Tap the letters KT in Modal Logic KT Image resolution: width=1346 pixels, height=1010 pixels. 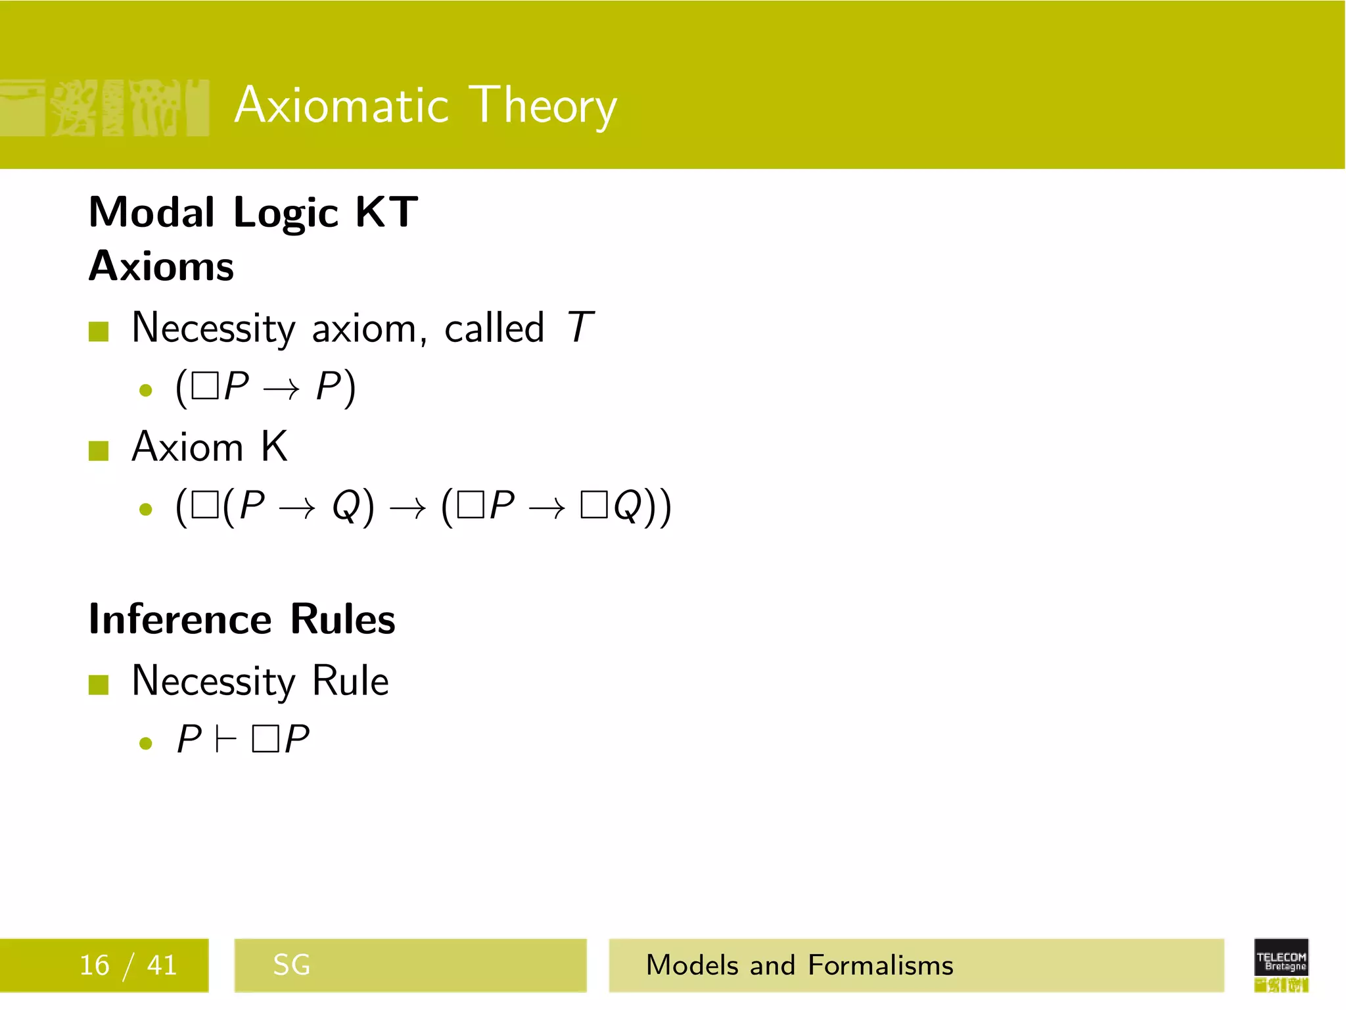point(386,212)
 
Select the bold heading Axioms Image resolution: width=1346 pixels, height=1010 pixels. point(161,266)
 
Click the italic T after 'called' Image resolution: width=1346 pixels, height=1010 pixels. point(580,327)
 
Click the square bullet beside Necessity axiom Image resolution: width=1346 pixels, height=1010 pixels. point(99,331)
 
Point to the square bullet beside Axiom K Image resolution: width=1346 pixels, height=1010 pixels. point(99,451)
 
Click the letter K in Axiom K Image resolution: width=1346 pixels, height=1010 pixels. point(274,447)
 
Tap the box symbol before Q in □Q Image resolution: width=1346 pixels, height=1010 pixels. point(593,506)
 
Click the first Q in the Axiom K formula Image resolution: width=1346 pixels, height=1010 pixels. point(346,506)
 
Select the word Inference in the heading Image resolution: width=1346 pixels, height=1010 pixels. point(179,619)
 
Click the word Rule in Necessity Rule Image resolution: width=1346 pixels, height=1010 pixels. point(350,681)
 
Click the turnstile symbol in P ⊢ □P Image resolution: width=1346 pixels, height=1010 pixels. point(225,740)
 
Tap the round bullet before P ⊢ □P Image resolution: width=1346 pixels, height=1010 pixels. point(146,744)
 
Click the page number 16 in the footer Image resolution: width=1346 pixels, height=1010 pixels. point(94,965)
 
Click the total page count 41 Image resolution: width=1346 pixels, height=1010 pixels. point(162,965)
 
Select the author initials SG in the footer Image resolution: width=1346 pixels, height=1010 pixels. point(291,965)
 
